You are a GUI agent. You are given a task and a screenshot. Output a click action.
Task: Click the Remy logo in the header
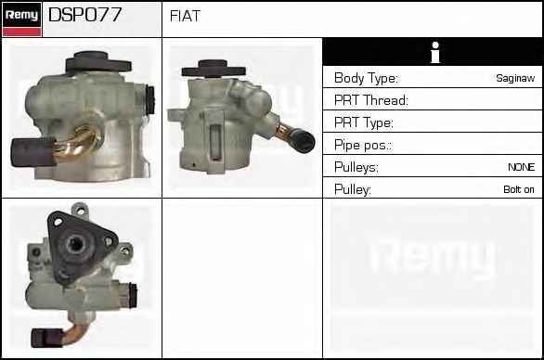pyautogui.click(x=22, y=19)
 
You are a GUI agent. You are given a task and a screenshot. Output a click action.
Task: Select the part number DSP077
pyautogui.click(x=85, y=15)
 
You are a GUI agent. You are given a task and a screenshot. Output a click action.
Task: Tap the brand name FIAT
pyautogui.click(x=186, y=16)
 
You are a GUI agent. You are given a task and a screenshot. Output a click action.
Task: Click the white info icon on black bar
pyautogui.click(x=435, y=52)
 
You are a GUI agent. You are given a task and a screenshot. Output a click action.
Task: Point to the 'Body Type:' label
pyautogui.click(x=367, y=78)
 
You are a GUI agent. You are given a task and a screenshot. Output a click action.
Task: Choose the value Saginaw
pyautogui.click(x=515, y=78)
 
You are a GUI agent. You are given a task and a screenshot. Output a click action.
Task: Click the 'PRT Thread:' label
pyautogui.click(x=371, y=100)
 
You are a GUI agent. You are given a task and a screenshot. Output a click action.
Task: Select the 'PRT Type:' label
pyautogui.click(x=364, y=122)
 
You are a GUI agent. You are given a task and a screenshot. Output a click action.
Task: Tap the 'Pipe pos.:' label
pyautogui.click(x=363, y=145)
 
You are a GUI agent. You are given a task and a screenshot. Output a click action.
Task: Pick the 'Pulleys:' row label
pyautogui.click(x=356, y=168)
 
